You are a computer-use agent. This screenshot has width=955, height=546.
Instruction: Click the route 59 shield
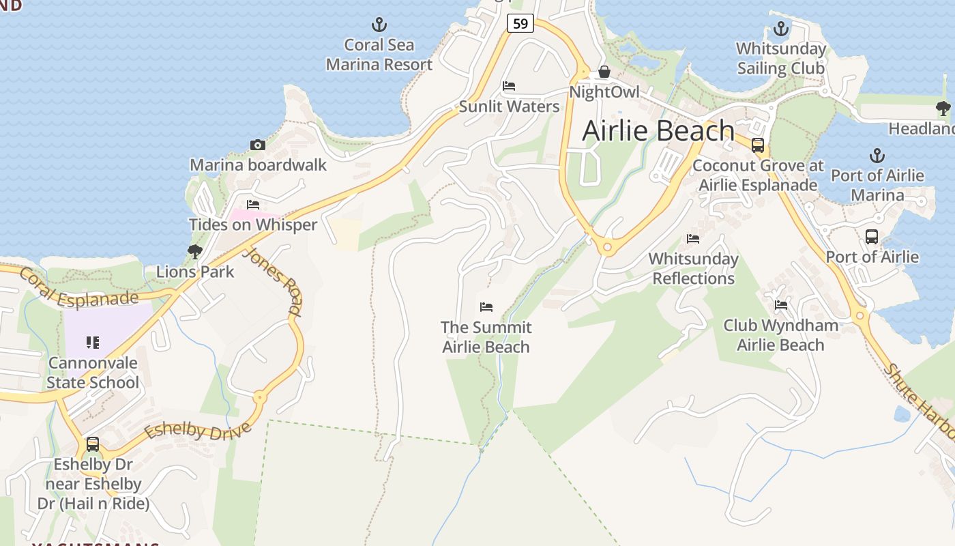click(x=520, y=24)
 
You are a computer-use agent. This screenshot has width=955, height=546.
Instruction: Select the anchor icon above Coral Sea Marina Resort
click(x=379, y=26)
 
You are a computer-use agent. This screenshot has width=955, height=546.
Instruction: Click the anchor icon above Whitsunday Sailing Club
click(x=780, y=29)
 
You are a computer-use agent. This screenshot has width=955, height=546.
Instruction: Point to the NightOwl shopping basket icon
click(x=604, y=72)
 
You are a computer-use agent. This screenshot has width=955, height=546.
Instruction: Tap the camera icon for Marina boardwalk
click(x=257, y=145)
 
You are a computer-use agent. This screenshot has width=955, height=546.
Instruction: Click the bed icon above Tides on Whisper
click(x=253, y=204)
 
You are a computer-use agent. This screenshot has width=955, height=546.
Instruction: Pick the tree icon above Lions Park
click(x=194, y=252)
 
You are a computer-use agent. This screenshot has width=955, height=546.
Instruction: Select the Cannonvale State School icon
click(x=93, y=343)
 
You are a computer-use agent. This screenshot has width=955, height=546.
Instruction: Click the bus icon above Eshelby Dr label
click(x=93, y=444)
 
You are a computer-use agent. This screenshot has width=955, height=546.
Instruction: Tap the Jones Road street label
click(x=272, y=281)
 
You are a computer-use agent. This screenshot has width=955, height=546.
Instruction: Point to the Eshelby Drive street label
click(x=197, y=430)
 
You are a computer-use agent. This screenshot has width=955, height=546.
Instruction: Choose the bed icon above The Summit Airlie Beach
click(x=486, y=307)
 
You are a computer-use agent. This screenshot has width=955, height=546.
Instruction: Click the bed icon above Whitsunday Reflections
click(x=693, y=239)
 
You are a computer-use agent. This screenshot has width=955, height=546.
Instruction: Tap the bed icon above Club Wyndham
click(x=780, y=305)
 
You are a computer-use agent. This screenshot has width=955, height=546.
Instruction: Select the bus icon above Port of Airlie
click(x=871, y=237)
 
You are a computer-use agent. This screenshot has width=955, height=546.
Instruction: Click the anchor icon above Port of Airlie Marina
click(x=877, y=156)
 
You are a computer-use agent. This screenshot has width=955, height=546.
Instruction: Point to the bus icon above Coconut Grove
click(x=757, y=145)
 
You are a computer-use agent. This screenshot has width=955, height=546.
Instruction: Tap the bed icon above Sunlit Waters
click(x=509, y=86)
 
